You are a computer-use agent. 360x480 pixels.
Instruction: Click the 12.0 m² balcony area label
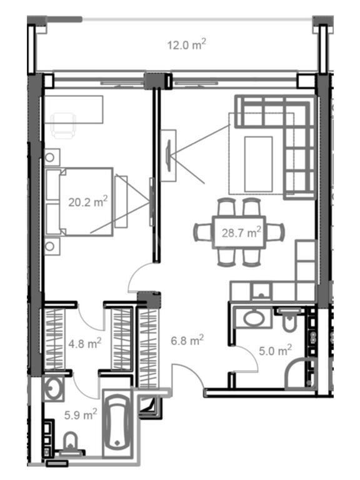pos(186,45)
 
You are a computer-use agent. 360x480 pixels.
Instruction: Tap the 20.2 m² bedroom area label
pos(88,202)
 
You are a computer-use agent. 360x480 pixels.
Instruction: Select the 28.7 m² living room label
pos(241,232)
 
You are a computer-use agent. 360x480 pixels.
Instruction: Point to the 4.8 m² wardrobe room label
pos(84,344)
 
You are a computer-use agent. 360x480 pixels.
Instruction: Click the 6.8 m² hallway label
pos(187,340)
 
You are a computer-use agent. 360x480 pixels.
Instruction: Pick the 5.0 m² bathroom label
pos(275,350)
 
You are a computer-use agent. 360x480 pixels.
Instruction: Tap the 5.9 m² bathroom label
pos(81,415)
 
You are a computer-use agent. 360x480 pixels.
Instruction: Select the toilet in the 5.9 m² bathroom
pos(71,442)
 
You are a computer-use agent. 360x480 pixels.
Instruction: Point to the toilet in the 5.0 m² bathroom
pos(288,320)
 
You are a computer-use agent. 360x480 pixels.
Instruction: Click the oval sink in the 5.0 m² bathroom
pos(254,318)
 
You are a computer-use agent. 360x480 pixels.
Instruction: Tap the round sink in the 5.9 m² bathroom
pos(54,389)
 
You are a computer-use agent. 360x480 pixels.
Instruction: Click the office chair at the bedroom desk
pos(63,124)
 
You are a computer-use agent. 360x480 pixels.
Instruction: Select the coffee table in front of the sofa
pos(258,164)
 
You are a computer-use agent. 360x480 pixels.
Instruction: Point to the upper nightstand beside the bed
pos(52,157)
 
